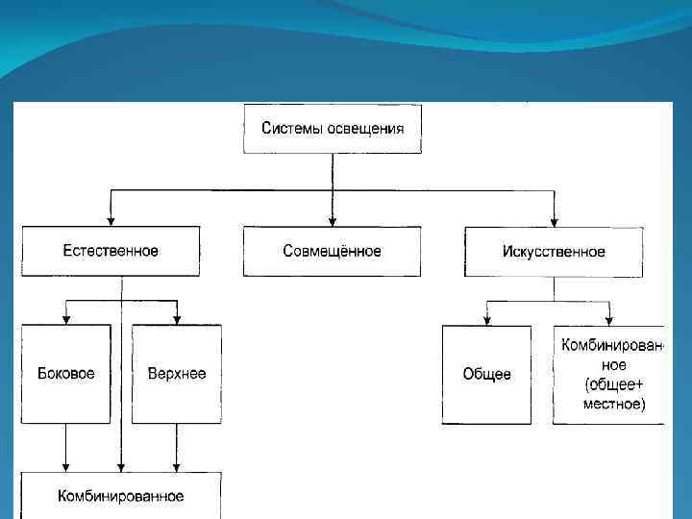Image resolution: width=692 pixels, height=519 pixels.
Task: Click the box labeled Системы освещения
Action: (332, 129)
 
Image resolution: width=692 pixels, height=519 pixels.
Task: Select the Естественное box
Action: (111, 251)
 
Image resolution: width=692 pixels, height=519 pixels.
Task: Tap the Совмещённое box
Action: (332, 251)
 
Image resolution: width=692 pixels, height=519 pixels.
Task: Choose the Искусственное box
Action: (554, 251)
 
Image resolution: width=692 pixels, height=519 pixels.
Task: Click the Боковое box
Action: (66, 374)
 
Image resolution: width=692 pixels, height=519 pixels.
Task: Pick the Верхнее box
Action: (177, 374)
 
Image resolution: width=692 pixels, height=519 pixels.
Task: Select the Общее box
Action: (486, 374)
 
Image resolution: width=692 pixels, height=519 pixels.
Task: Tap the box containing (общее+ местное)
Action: (609, 374)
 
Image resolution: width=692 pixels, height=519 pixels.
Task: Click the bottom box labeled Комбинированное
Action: (121, 496)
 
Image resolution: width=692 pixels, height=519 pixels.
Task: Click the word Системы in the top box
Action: (292, 129)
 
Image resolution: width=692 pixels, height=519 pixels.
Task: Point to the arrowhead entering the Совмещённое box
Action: (332, 221)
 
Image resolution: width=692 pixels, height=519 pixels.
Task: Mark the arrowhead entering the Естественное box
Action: (111, 221)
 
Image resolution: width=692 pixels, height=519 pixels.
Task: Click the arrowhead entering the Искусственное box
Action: (555, 221)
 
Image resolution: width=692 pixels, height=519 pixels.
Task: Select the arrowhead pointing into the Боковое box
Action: (66, 319)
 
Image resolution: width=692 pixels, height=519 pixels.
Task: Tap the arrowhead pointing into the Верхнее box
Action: (177, 319)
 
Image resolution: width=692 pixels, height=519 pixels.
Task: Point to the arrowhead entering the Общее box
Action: (487, 320)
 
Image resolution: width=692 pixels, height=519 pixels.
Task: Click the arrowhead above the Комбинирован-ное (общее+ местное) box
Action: (609, 320)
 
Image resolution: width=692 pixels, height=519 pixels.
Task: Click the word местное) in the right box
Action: (615, 405)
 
